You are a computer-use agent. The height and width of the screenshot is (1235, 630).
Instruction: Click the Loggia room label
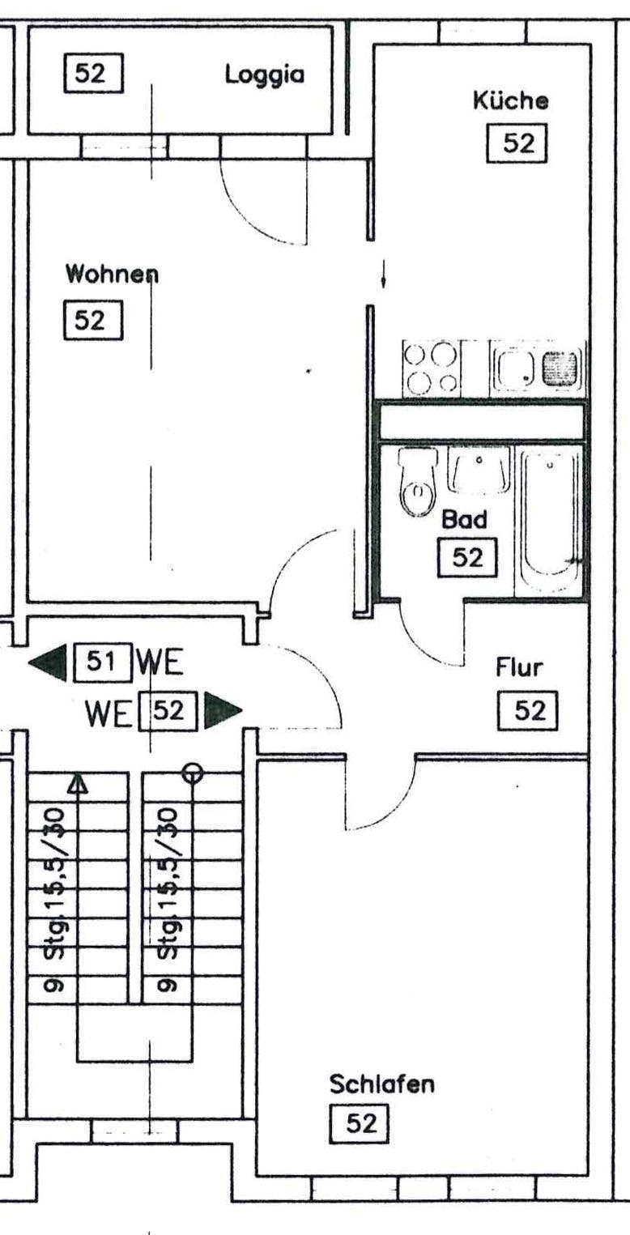coord(264,75)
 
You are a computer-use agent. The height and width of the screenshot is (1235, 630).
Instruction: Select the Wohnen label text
coord(112,274)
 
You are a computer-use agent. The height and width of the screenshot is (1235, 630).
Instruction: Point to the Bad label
coord(465,519)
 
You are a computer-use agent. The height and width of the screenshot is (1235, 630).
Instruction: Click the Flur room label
coord(519,667)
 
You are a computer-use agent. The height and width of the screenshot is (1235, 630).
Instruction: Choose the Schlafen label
coord(382,1084)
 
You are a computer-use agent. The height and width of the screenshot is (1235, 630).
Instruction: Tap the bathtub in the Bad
coord(551,520)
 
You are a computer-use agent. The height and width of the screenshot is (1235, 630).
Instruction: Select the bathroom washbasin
coord(479,469)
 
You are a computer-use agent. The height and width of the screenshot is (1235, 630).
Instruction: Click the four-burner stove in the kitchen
coord(431,368)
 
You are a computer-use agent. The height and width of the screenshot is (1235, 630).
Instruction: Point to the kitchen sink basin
coord(513,367)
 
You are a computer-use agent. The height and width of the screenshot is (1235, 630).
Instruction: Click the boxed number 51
coord(103,661)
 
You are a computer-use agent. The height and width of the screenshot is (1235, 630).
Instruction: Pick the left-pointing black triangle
coord(48,662)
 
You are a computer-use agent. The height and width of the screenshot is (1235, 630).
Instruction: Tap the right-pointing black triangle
coord(223,711)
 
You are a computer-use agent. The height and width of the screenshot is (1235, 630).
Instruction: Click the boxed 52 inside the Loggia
coord(93,73)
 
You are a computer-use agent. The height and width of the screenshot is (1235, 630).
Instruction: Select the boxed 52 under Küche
coord(517,143)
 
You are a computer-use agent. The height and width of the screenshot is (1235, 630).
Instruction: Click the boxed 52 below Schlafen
coord(360,1123)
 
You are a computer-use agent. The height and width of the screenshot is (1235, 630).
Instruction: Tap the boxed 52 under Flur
coord(527,711)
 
